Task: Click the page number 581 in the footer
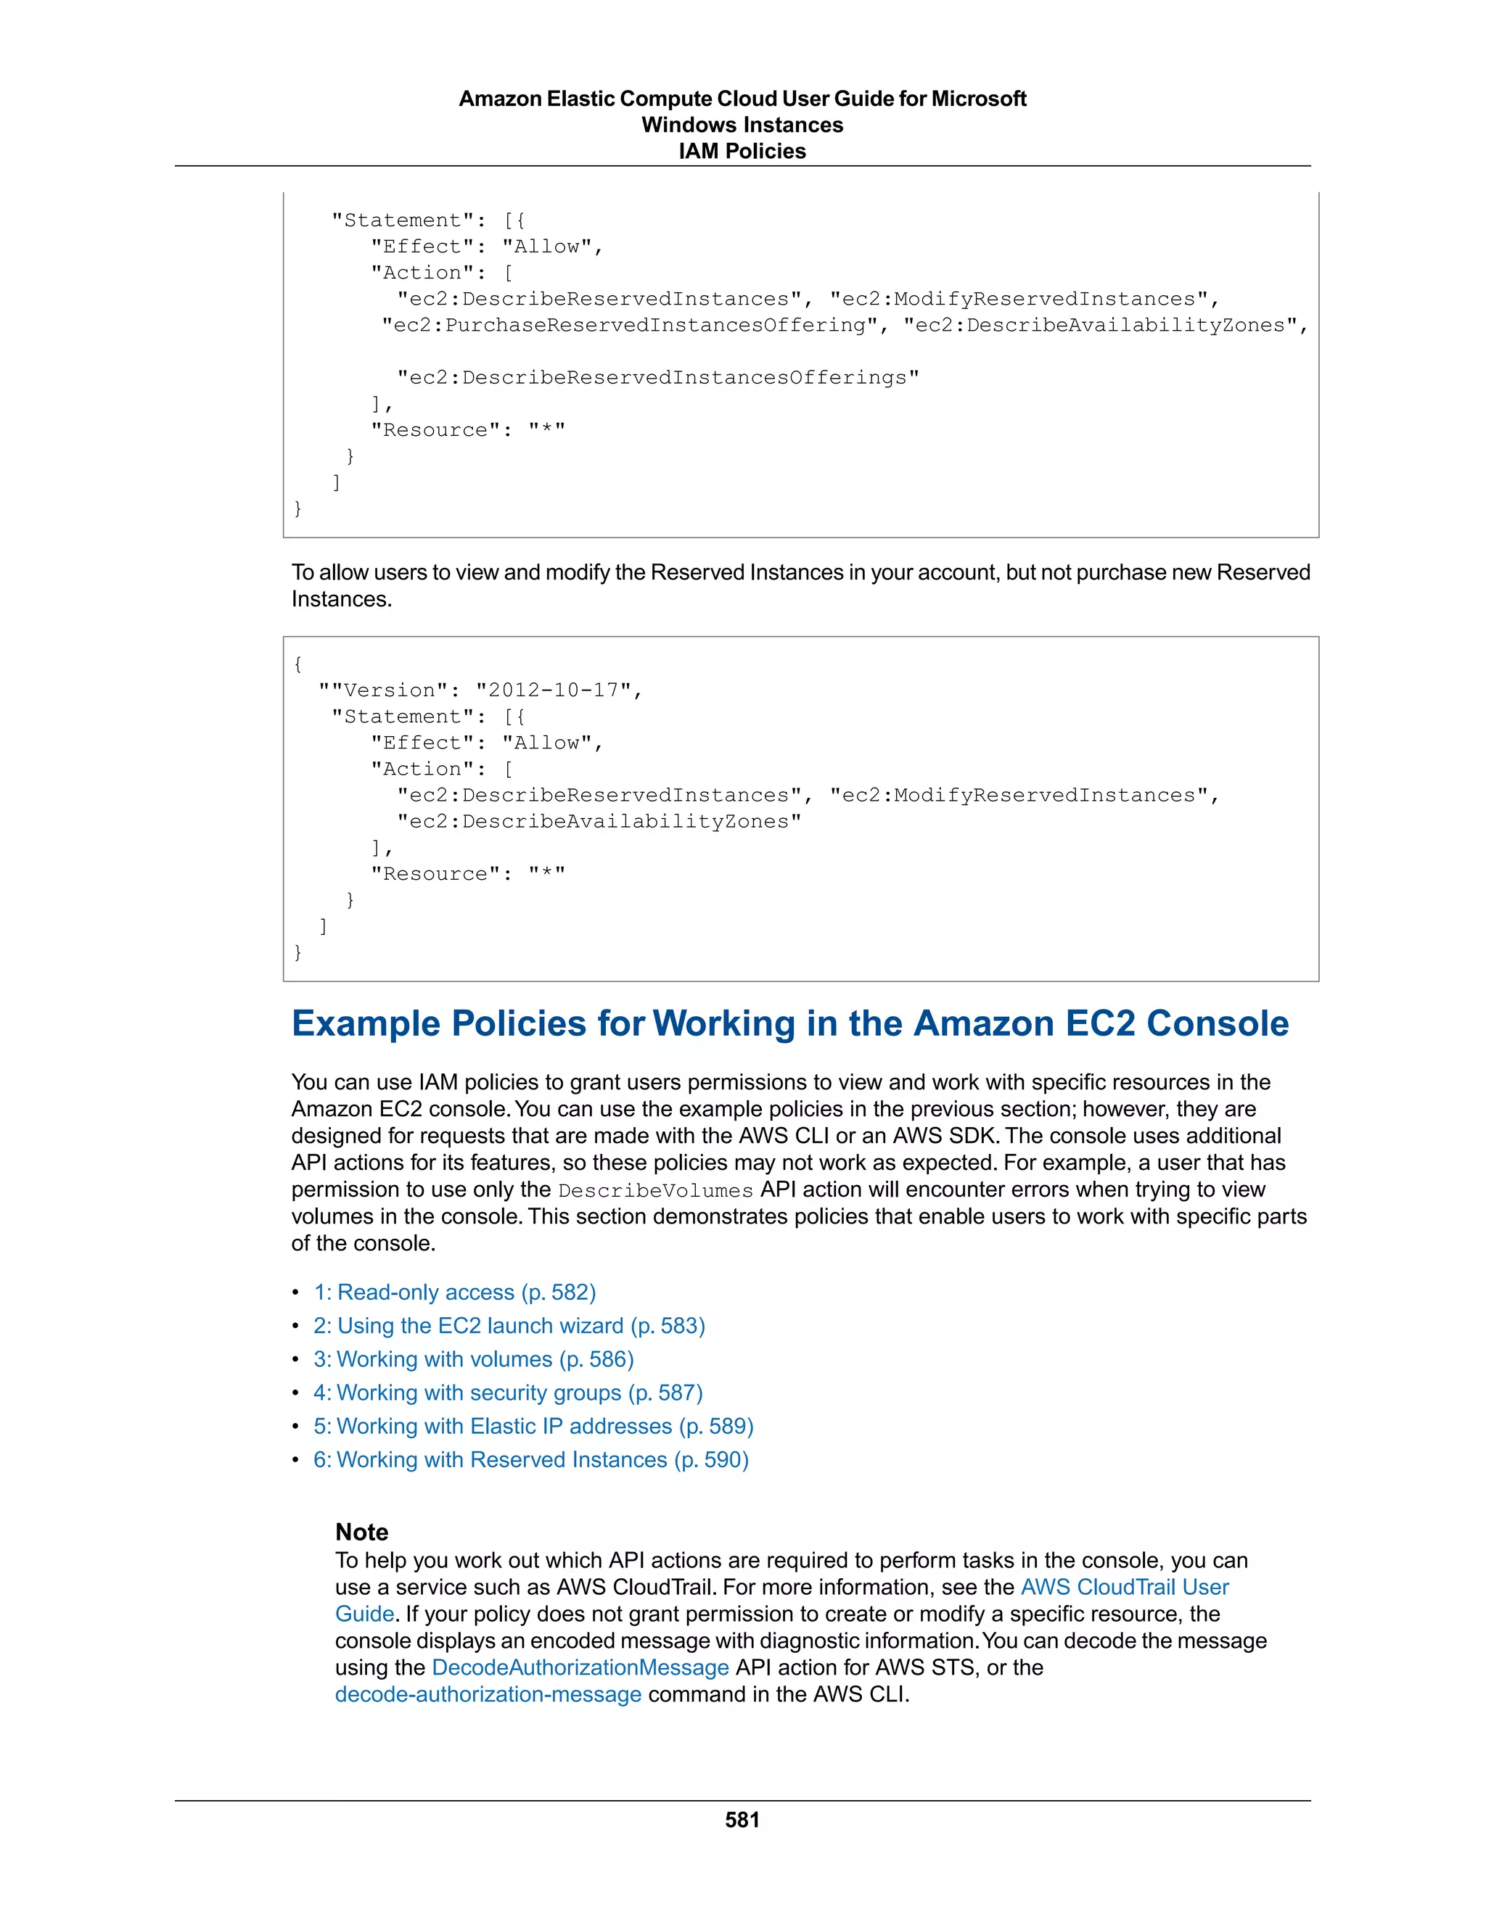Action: [x=742, y=1820]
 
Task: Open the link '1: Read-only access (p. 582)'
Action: [x=454, y=1292]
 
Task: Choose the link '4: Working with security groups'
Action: [x=508, y=1393]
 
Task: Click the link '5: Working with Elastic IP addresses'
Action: [x=533, y=1426]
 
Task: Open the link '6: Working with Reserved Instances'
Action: [x=531, y=1459]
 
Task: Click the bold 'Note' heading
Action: [x=362, y=1532]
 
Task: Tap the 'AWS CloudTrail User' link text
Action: [x=1124, y=1587]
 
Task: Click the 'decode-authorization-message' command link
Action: [x=488, y=1694]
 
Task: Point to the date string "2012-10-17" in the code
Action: [x=553, y=690]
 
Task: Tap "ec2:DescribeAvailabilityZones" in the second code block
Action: [x=599, y=822]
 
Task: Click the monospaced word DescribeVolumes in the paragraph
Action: [x=656, y=1191]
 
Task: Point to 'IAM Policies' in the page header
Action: [x=742, y=152]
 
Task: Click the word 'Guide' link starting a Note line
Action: [x=364, y=1614]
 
